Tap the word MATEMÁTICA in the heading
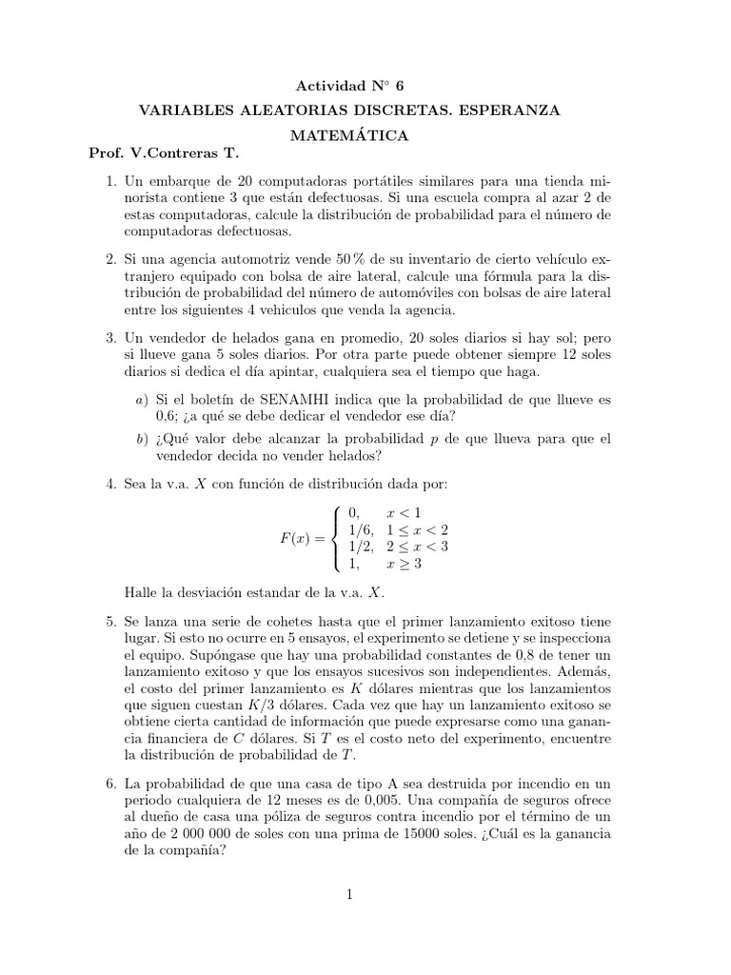click(350, 136)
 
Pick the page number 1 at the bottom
click(350, 894)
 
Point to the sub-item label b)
click(141, 439)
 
